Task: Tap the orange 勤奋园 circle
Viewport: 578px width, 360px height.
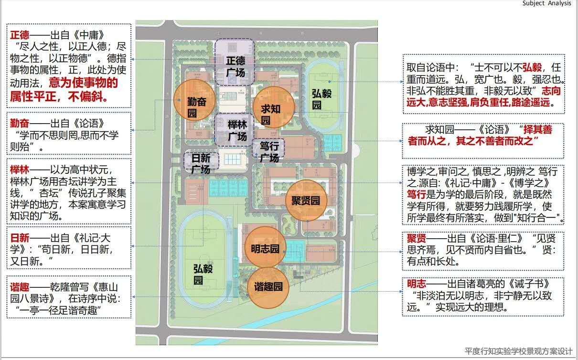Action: click(193, 106)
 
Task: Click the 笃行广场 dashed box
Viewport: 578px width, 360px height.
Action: click(268, 151)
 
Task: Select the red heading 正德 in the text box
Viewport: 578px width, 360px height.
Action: click(20, 35)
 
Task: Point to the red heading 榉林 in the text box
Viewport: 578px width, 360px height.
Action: click(20, 170)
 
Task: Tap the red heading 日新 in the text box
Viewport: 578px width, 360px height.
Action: click(20, 237)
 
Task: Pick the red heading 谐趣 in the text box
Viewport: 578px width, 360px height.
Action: click(20, 287)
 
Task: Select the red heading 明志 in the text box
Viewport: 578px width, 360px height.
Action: click(416, 284)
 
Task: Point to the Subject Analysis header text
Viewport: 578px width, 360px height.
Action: click(546, 3)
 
